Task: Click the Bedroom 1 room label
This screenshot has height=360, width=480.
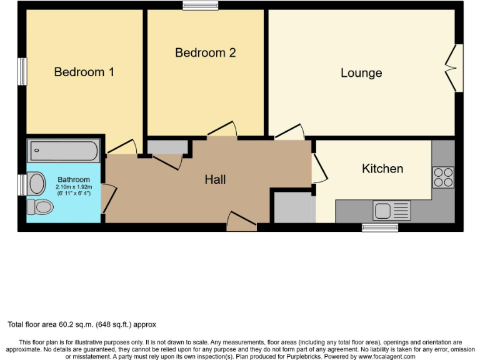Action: [x=84, y=72]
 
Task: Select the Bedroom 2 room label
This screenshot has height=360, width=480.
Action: [x=205, y=53]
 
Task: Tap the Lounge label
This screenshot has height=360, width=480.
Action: [x=361, y=73]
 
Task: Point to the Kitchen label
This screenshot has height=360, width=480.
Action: [x=382, y=169]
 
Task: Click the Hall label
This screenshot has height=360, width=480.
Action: [x=215, y=180]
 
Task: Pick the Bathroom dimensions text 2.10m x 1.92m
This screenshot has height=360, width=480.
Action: [x=74, y=187]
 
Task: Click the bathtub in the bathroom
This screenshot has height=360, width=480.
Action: [x=64, y=151]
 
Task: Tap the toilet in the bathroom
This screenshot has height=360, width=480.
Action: [x=41, y=206]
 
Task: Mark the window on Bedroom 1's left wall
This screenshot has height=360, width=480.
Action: [x=22, y=72]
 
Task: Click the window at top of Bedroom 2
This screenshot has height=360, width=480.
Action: [x=200, y=6]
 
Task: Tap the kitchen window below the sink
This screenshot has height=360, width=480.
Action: [x=380, y=227]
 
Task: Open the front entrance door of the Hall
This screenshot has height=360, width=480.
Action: [x=241, y=222]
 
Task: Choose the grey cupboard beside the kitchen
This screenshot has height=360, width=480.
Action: [x=294, y=207]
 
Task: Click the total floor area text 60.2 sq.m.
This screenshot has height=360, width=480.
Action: [x=81, y=324]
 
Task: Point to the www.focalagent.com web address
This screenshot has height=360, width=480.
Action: [x=388, y=356]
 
